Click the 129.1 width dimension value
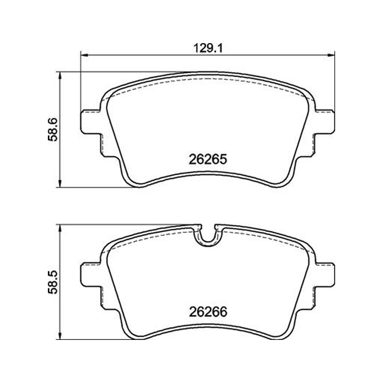click(208, 48)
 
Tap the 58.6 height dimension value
click(53, 130)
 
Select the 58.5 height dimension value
click(53, 282)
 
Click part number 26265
click(208, 159)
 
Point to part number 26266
click(208, 312)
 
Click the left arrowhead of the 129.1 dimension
click(84, 55)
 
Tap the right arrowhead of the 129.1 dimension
click(331, 55)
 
